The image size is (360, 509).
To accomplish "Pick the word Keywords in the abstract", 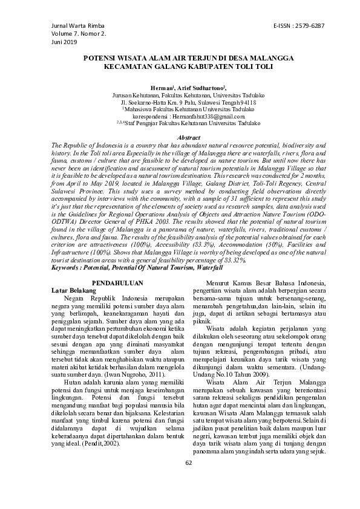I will coord(67,267).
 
